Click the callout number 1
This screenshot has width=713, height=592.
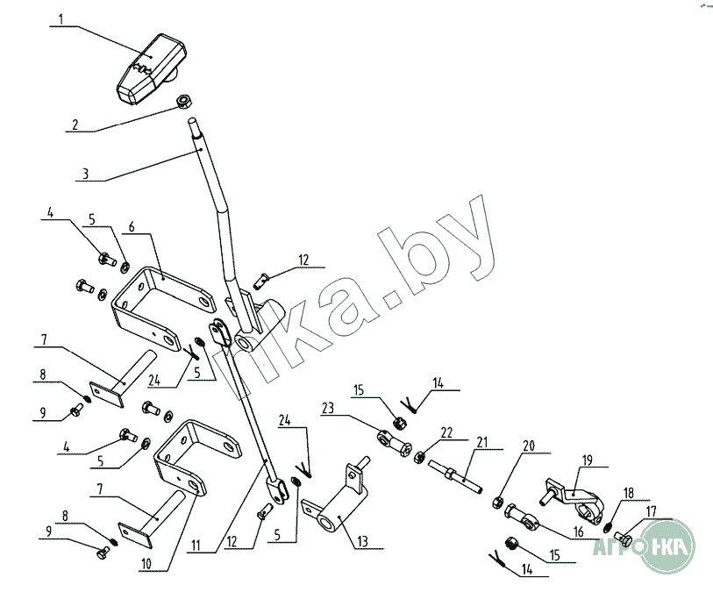click(x=61, y=18)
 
